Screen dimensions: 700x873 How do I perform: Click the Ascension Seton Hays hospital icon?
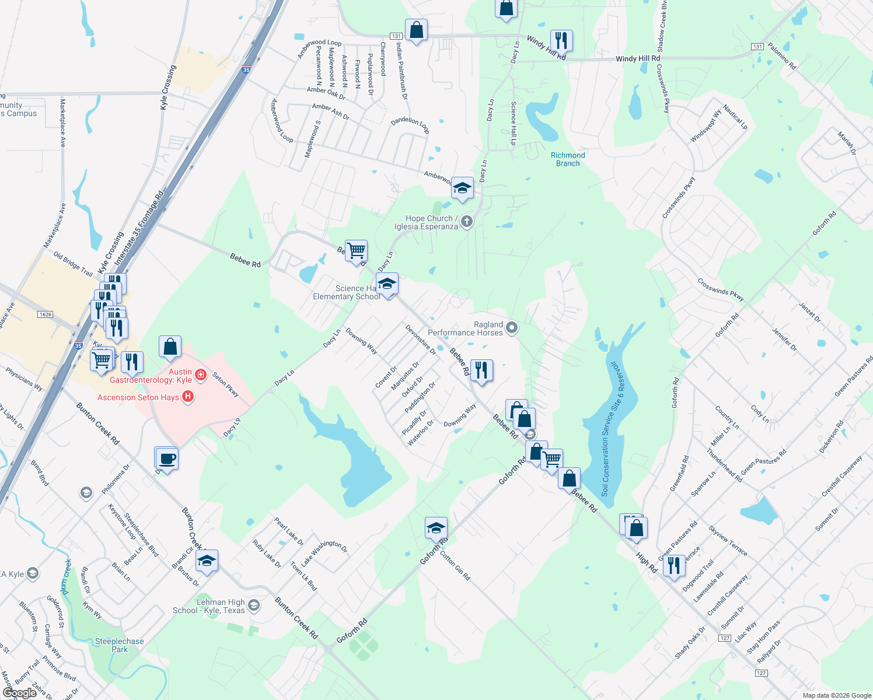pyautogui.click(x=188, y=397)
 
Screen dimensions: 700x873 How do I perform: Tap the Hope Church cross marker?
pyautogui.click(x=466, y=222)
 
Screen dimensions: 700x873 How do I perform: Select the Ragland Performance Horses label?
pyautogui.click(x=465, y=328)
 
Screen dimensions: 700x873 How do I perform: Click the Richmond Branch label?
pyautogui.click(x=568, y=159)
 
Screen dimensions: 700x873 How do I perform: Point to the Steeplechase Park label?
pyautogui.click(x=119, y=645)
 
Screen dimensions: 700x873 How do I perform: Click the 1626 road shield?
pyautogui.click(x=45, y=314)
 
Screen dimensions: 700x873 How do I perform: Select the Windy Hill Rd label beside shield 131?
pyautogui.click(x=638, y=59)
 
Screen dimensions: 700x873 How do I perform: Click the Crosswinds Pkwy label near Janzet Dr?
pyautogui.click(x=721, y=289)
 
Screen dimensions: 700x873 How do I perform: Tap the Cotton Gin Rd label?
pyautogui.click(x=455, y=566)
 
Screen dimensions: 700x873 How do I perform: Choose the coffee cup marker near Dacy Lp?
pyautogui.click(x=167, y=459)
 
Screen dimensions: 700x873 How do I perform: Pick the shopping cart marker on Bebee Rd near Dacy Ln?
pyautogui.click(x=356, y=251)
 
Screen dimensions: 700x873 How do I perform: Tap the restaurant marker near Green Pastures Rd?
pyautogui.click(x=674, y=565)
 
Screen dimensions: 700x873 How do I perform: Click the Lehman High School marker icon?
pyautogui.click(x=253, y=605)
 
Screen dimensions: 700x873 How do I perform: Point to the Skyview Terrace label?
pyautogui.click(x=728, y=541)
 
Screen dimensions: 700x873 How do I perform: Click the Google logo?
pyautogui.click(x=19, y=693)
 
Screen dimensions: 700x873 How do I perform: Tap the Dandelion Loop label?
pyautogui.click(x=410, y=124)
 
